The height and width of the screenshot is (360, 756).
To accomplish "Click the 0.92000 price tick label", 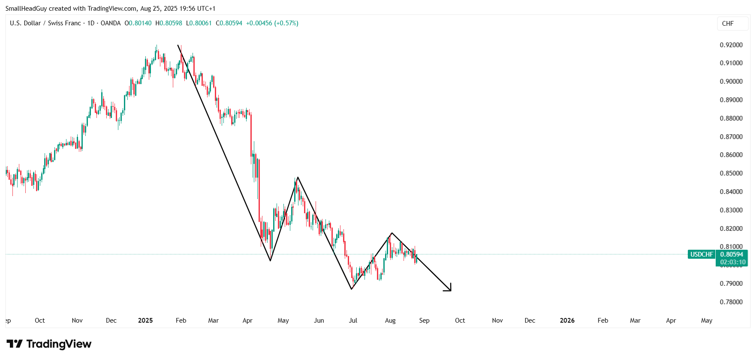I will click(x=731, y=45).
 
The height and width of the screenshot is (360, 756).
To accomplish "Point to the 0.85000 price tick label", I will click(x=731, y=173).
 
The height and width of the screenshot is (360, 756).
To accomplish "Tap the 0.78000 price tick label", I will click(x=731, y=302).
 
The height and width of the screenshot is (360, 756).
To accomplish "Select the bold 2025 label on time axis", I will click(x=145, y=321).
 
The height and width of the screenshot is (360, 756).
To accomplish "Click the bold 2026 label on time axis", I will click(x=567, y=321).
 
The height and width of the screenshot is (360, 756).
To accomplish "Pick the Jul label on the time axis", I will click(x=353, y=321).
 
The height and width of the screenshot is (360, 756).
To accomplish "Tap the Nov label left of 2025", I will click(x=77, y=321).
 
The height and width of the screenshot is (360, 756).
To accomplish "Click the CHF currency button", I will click(x=728, y=24).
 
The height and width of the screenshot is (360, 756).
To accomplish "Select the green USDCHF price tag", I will click(x=702, y=254).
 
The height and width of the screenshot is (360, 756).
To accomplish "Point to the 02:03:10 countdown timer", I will click(x=733, y=262).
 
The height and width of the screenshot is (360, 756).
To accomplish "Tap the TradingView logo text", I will click(x=59, y=344).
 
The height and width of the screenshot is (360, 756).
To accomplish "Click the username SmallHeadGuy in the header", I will click(x=26, y=9).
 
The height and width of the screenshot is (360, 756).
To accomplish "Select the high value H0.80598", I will click(x=169, y=23).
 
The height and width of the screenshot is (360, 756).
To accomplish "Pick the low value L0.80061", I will click(x=199, y=23).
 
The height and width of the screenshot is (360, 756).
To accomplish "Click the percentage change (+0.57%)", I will click(x=286, y=23).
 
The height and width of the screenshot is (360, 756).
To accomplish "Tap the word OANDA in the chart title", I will click(x=111, y=23).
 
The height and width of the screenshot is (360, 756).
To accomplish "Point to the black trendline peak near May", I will click(x=297, y=177).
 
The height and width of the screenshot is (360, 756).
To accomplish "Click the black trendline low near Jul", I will click(x=352, y=289).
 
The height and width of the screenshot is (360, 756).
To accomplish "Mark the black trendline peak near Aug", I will click(x=392, y=233).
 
